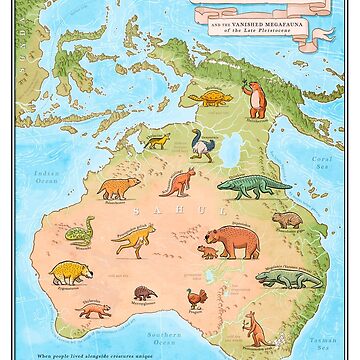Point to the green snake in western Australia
(77, 232)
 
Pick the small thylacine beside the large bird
(155, 144)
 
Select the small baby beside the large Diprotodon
(207, 252)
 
